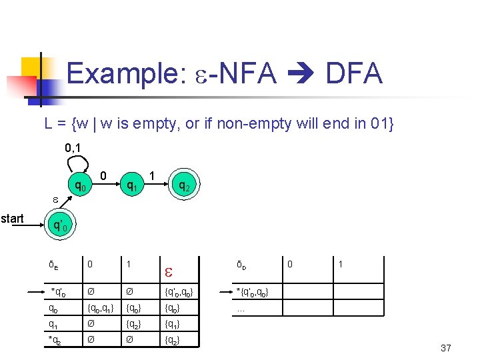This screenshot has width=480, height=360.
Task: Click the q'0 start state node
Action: click(59, 225)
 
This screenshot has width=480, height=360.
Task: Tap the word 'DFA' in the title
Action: click(353, 73)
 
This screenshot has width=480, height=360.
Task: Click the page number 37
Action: click(446, 348)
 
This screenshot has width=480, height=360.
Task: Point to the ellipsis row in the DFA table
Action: click(241, 309)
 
